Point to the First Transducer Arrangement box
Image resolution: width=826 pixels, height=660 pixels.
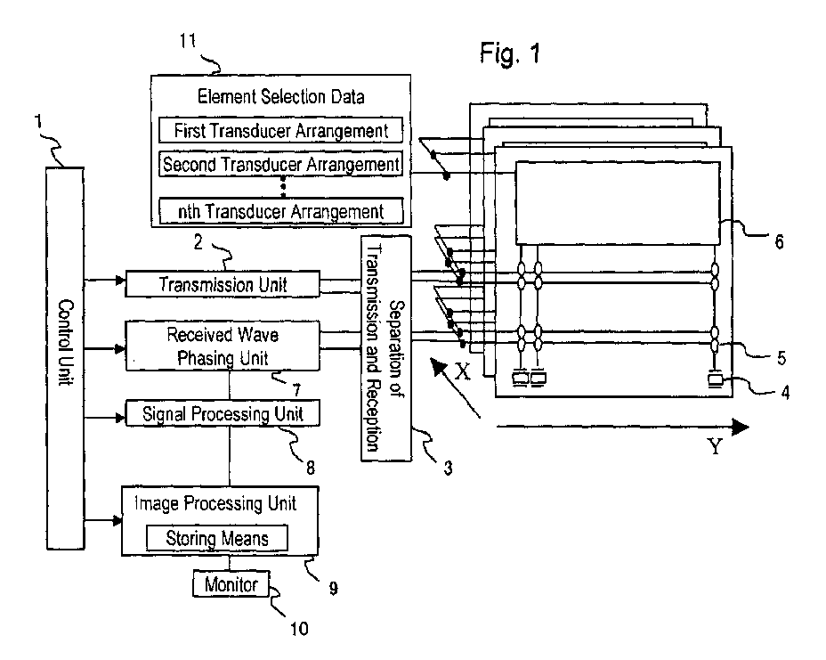[279, 132]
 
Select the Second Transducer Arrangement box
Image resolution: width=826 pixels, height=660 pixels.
[279, 165]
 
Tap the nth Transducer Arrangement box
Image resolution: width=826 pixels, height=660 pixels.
[279, 211]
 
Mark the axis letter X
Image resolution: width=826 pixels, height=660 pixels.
[462, 373]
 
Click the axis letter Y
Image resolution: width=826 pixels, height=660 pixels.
[715, 446]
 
